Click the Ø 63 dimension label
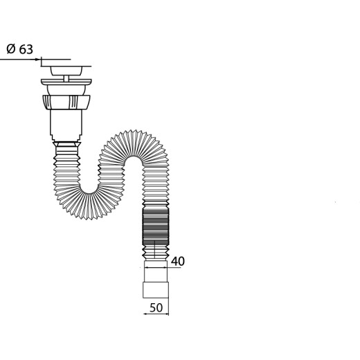(20, 49)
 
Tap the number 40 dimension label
(178, 261)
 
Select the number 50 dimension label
(156, 307)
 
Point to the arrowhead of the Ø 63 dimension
(38, 60)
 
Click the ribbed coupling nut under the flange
(66, 102)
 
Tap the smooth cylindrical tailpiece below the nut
(66, 125)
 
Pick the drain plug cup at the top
(66, 71)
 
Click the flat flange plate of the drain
(66, 82)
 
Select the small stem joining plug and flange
(66, 78)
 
